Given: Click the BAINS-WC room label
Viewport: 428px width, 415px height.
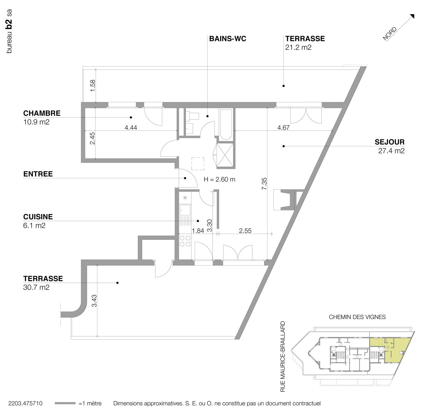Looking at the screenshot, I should tap(228, 39).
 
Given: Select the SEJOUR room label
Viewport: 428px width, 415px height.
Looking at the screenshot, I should tap(389, 142).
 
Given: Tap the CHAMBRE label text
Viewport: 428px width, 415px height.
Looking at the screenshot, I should tap(42, 113).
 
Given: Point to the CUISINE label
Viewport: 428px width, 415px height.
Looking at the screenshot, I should tap(38, 217).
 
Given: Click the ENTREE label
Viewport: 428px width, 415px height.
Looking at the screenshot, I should tap(38, 174).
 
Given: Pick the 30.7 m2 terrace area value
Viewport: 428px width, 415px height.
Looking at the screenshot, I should tap(36, 287).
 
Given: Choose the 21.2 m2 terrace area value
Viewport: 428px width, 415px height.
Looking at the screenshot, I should tap(298, 47).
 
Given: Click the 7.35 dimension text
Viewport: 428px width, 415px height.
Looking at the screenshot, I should tap(264, 184).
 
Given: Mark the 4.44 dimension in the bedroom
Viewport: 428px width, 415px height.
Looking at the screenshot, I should tap(131, 128).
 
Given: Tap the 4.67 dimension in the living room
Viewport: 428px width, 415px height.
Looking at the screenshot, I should tap(283, 128).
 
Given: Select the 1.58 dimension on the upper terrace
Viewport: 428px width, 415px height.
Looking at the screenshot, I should tap(93, 85).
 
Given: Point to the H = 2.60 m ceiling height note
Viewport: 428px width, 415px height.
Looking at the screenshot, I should tap(219, 180).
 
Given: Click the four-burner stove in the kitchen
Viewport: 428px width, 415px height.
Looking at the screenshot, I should tap(185, 241).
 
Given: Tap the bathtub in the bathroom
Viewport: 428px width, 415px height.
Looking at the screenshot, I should tap(226, 125).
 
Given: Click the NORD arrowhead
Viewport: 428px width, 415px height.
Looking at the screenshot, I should tap(412, 16).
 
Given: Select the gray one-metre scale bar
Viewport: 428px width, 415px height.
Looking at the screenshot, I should tap(65, 403).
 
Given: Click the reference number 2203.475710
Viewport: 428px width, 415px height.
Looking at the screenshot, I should tap(25, 403).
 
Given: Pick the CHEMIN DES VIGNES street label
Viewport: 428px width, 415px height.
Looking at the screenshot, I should tap(357, 317).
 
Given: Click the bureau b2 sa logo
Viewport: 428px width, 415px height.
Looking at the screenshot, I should tap(9, 31).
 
